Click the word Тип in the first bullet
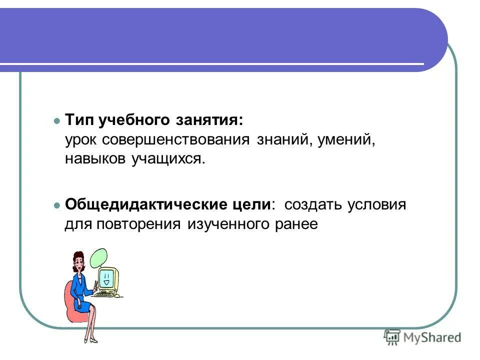(80, 121)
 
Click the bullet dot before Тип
(56, 121)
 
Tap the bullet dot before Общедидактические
(56, 205)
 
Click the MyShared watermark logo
(423, 337)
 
